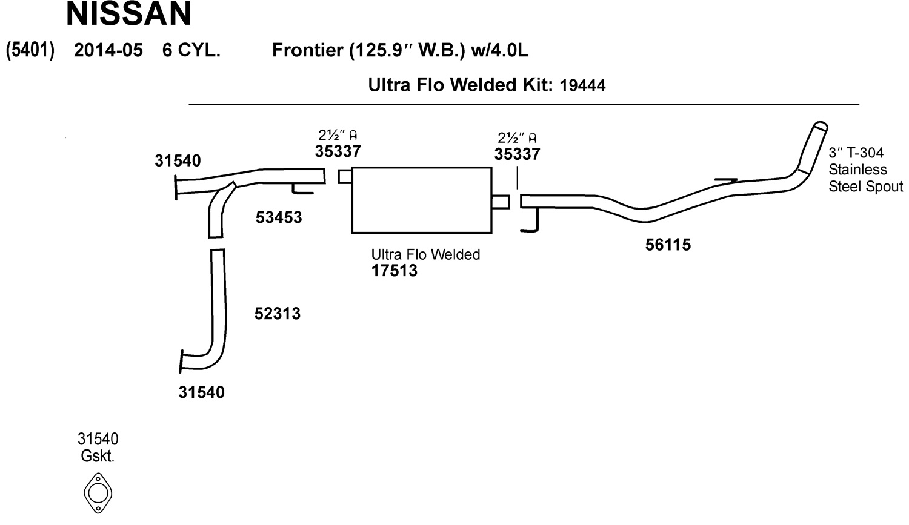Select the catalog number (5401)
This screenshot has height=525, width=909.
click(30, 50)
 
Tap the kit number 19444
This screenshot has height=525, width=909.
click(582, 85)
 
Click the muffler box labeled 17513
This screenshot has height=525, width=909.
click(421, 200)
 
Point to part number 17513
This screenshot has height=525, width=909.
click(394, 271)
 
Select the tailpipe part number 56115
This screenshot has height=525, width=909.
click(668, 245)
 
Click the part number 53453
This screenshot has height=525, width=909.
click(278, 217)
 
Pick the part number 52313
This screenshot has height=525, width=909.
click(277, 314)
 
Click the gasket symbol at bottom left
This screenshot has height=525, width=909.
click(98, 493)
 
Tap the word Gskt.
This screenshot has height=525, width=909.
click(98, 456)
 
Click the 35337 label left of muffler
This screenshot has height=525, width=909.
click(338, 151)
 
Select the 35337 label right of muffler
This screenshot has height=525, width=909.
click(517, 154)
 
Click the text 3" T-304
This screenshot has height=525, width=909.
click(856, 153)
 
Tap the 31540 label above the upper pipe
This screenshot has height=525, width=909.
click(178, 161)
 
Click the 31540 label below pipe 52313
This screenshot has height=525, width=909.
click(201, 392)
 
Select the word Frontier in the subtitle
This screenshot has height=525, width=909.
click(307, 50)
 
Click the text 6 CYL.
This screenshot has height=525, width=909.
click(191, 50)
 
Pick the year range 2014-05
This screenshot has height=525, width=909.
click(108, 50)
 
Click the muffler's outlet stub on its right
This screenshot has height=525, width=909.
click(501, 202)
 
